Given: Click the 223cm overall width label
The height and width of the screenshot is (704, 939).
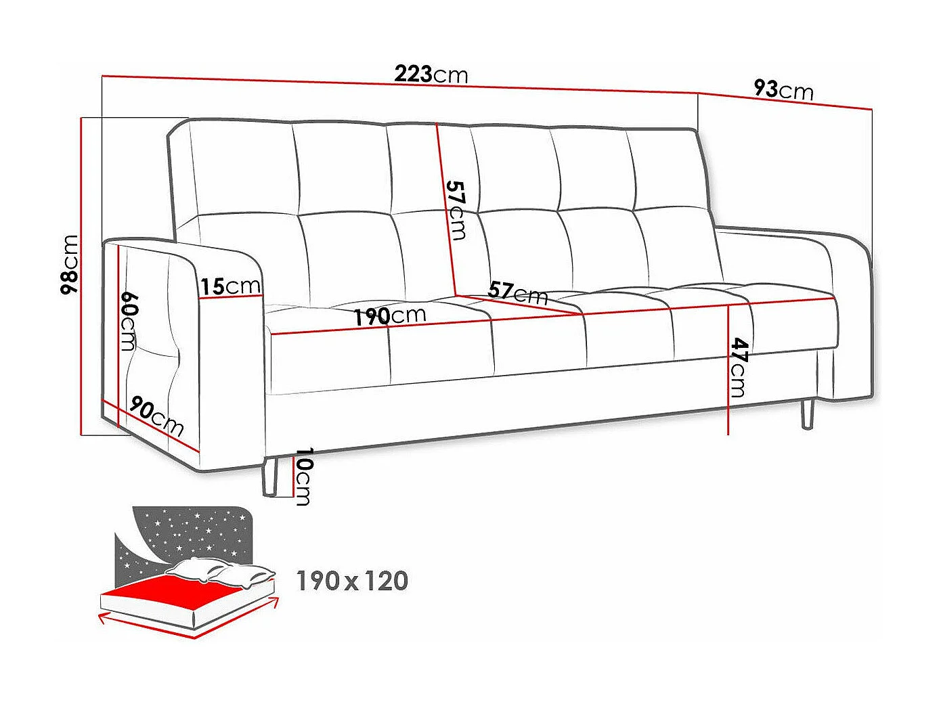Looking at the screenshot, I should [x=431, y=74].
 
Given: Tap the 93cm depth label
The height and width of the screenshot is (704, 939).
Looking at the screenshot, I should [x=783, y=89].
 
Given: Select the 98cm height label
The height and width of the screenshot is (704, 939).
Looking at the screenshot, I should [x=70, y=265].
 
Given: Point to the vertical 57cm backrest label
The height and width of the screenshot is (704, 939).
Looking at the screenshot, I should [x=456, y=210].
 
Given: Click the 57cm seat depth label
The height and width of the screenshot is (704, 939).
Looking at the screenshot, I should [x=518, y=292].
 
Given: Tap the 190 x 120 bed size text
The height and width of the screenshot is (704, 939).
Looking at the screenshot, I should [x=353, y=581].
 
